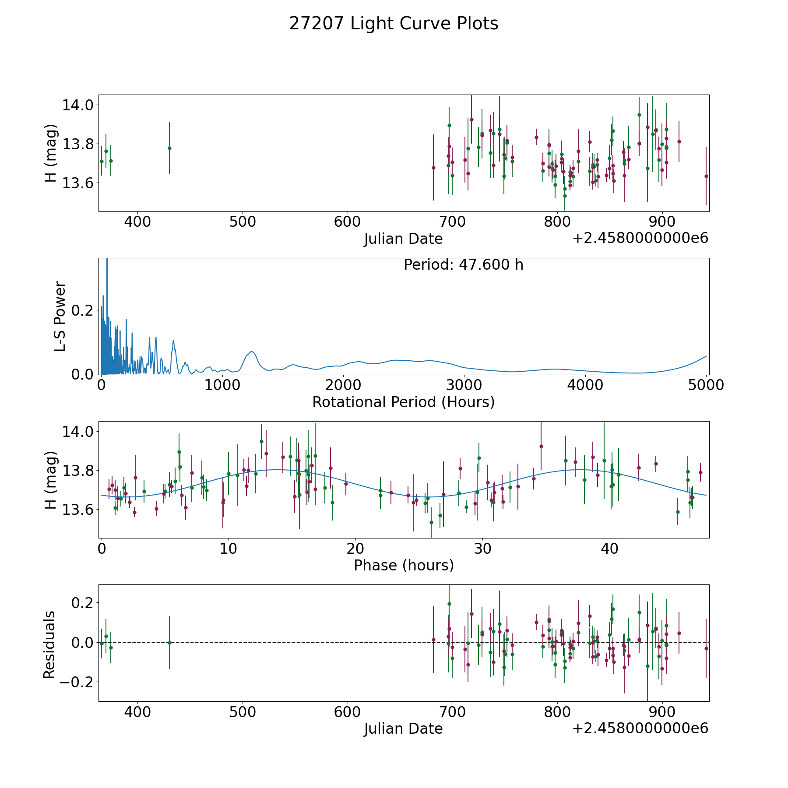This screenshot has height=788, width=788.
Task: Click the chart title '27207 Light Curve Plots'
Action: pos(394,24)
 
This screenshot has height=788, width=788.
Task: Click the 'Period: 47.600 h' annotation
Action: pos(463,265)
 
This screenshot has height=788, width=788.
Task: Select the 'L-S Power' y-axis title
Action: pos(60,317)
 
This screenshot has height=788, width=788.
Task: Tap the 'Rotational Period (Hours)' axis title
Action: pos(403,402)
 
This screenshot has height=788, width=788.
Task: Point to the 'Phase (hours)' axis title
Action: pos(404,565)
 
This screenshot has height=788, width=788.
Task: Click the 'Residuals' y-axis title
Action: pos(49,644)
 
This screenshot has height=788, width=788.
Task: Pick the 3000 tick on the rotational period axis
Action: pos(464,385)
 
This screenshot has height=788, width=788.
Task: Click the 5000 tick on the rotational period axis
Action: pos(706,385)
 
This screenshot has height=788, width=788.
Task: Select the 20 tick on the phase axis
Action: pos(355,548)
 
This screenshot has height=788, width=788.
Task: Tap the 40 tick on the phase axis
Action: pos(609,548)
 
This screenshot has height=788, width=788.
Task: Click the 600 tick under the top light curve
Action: pos(347,222)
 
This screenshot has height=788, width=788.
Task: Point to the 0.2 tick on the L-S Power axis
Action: pos(83,310)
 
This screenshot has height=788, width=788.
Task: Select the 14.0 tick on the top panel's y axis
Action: pos(78,105)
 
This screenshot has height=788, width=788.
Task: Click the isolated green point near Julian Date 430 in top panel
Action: pos(169,148)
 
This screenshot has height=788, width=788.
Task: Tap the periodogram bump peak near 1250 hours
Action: pos(252,351)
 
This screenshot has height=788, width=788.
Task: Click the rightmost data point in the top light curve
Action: pos(706,176)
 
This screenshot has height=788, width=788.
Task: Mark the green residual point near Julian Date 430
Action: pos(169,643)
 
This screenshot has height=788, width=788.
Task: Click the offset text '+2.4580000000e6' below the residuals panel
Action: pos(640,728)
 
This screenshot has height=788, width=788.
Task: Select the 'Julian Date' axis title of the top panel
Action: pos(403,239)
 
